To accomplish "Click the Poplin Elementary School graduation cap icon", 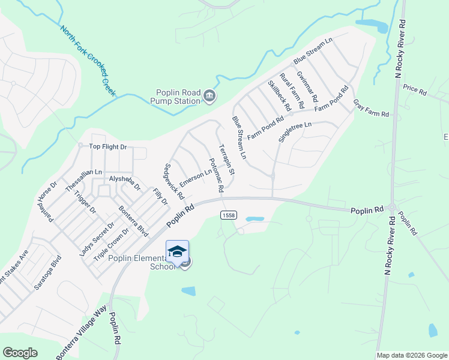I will pyautogui.click(x=177, y=251).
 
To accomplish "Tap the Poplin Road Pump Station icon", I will pyautogui.click(x=209, y=95).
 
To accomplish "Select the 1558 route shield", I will pyautogui.click(x=228, y=215).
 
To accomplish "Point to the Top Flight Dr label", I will pyautogui.click(x=108, y=146).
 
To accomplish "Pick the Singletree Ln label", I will pyautogui.click(x=296, y=133).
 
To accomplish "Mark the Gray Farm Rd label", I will pyautogui.click(x=370, y=108).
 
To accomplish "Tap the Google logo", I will pyautogui.click(x=20, y=353).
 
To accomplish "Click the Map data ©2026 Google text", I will pyautogui.click(x=412, y=355).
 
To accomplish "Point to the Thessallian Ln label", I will pyautogui.click(x=76, y=172).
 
